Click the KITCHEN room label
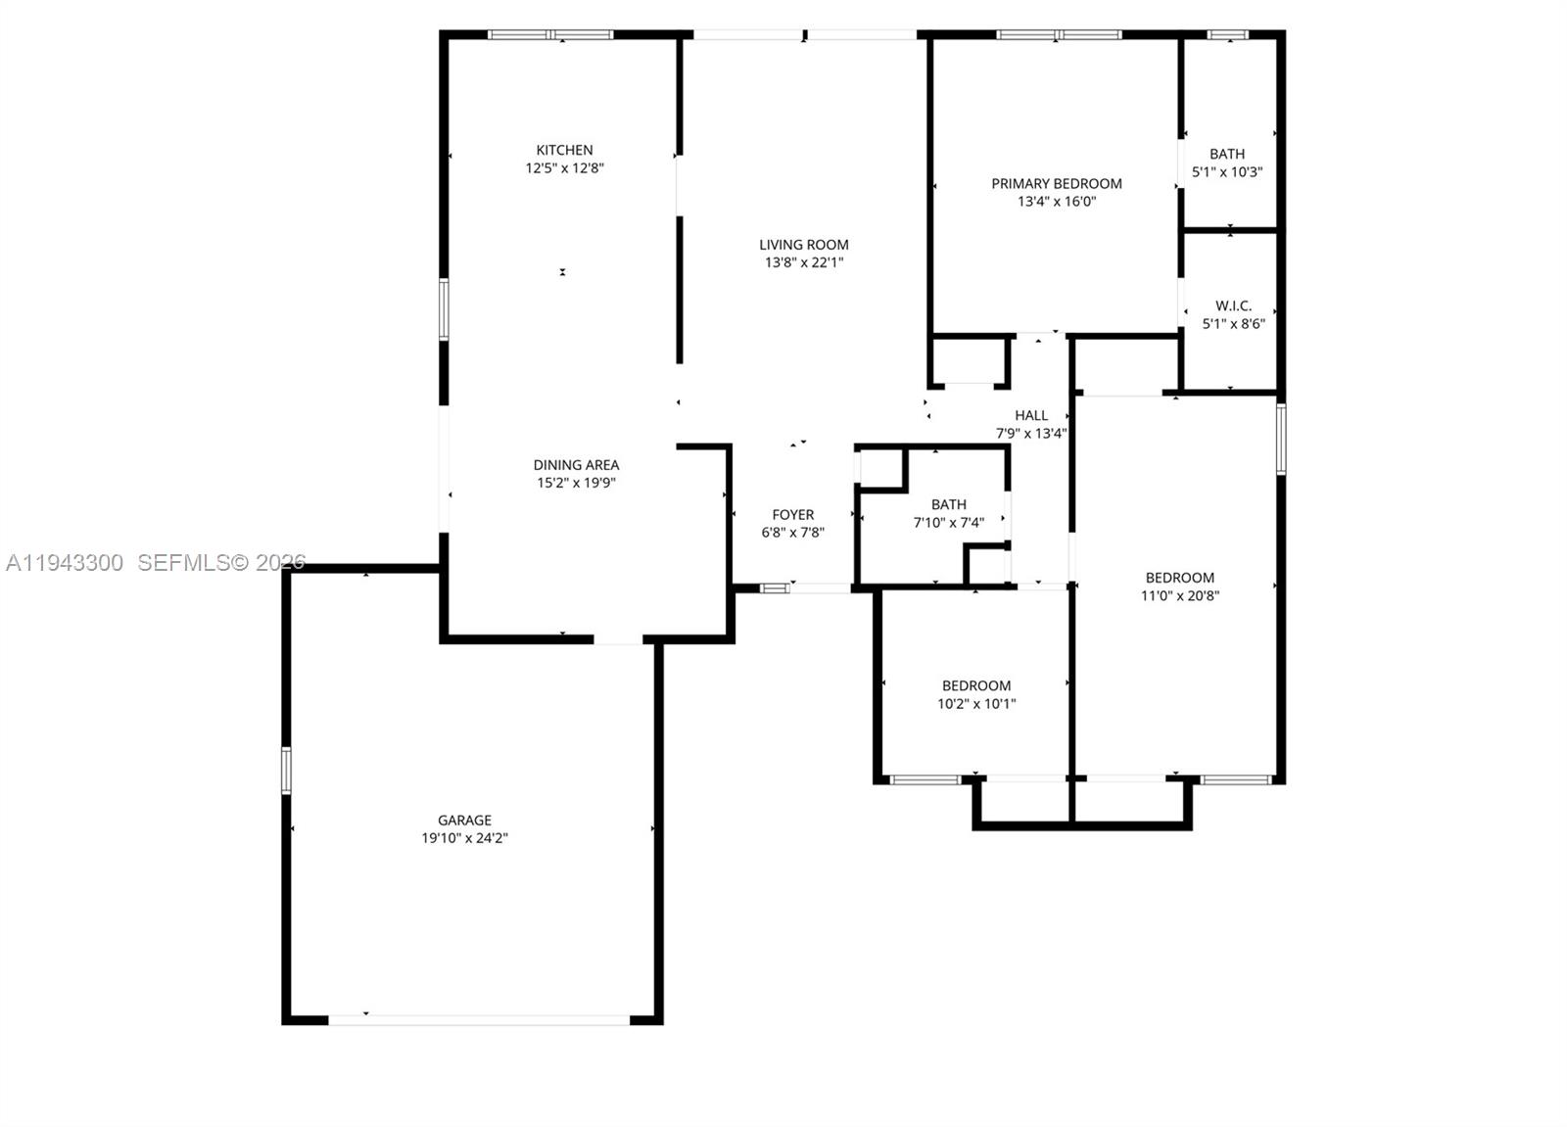click(x=564, y=150)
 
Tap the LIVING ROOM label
click(x=803, y=245)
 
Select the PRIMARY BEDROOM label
click(x=1056, y=183)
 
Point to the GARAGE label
click(x=464, y=821)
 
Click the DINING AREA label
click(x=576, y=465)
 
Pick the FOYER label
click(x=792, y=515)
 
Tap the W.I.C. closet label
click(x=1233, y=305)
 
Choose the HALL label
click(x=1031, y=415)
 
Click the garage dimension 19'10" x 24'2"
click(x=464, y=838)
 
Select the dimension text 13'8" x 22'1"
click(x=803, y=262)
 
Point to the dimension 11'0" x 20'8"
click(x=1179, y=595)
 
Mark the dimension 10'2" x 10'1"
click(x=976, y=703)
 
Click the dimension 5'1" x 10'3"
click(x=1226, y=172)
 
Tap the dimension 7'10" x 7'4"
click(x=948, y=523)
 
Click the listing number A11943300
click(x=65, y=563)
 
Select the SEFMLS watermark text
click(x=221, y=563)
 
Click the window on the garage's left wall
click(x=286, y=770)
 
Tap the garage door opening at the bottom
click(x=478, y=1020)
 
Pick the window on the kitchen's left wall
click(x=444, y=309)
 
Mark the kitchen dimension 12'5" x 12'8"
click(x=564, y=168)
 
